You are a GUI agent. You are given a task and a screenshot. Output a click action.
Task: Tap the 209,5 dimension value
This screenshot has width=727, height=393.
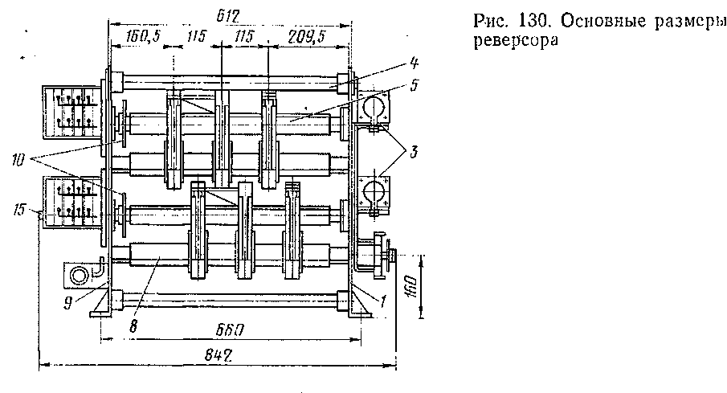(306, 37)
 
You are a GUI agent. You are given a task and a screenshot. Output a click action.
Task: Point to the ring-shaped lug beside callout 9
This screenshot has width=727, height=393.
(80, 276)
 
